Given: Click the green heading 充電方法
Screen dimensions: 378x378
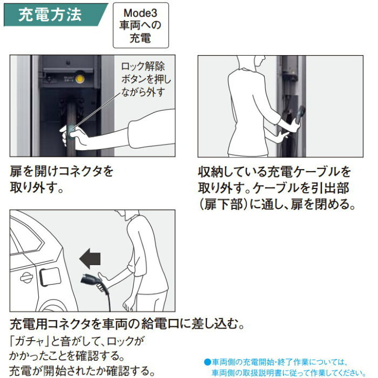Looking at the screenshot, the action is pyautogui.click(x=50, y=15).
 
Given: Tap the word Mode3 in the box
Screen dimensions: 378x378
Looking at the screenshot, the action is pyautogui.click(x=140, y=13).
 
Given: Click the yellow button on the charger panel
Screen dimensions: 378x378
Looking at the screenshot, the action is pyautogui.click(x=80, y=79).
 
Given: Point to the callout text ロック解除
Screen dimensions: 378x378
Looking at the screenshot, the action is pyautogui.click(x=143, y=67).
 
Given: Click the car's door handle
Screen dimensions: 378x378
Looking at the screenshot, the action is pyautogui.click(x=26, y=278).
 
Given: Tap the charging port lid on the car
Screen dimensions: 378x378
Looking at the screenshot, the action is pyautogui.click(x=50, y=276).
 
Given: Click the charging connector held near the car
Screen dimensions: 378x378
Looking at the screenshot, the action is pyautogui.click(x=90, y=280).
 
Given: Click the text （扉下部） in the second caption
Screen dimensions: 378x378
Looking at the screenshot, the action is pyautogui.click(x=224, y=204).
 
